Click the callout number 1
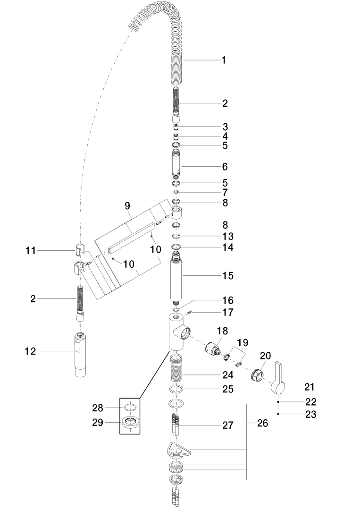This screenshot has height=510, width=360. [224, 60]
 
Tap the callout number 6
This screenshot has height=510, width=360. [225, 167]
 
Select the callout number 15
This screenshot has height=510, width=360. [227, 275]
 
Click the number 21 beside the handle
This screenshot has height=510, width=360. [309, 387]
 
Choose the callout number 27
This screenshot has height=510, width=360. [228, 425]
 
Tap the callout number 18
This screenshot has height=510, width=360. [222, 331]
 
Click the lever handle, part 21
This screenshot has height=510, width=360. [278, 380]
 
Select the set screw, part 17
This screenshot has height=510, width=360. [191, 311]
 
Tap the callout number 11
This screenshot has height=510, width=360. [31, 251]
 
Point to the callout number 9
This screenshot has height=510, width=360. [127, 206]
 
